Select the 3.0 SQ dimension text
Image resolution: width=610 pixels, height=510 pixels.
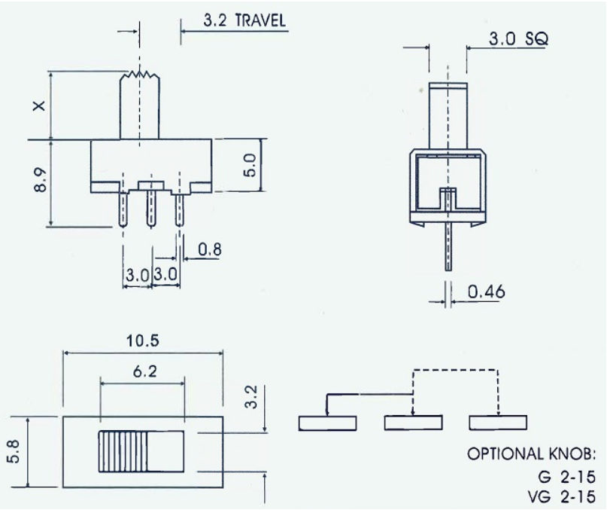point(517,39)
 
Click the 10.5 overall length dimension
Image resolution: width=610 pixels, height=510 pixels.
point(143,341)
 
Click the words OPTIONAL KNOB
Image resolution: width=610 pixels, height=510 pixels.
point(531,454)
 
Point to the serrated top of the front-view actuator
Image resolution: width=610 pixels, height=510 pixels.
point(141,75)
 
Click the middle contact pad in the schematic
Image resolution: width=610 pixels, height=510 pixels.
point(413,423)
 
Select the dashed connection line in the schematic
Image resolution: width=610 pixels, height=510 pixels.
point(455,370)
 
